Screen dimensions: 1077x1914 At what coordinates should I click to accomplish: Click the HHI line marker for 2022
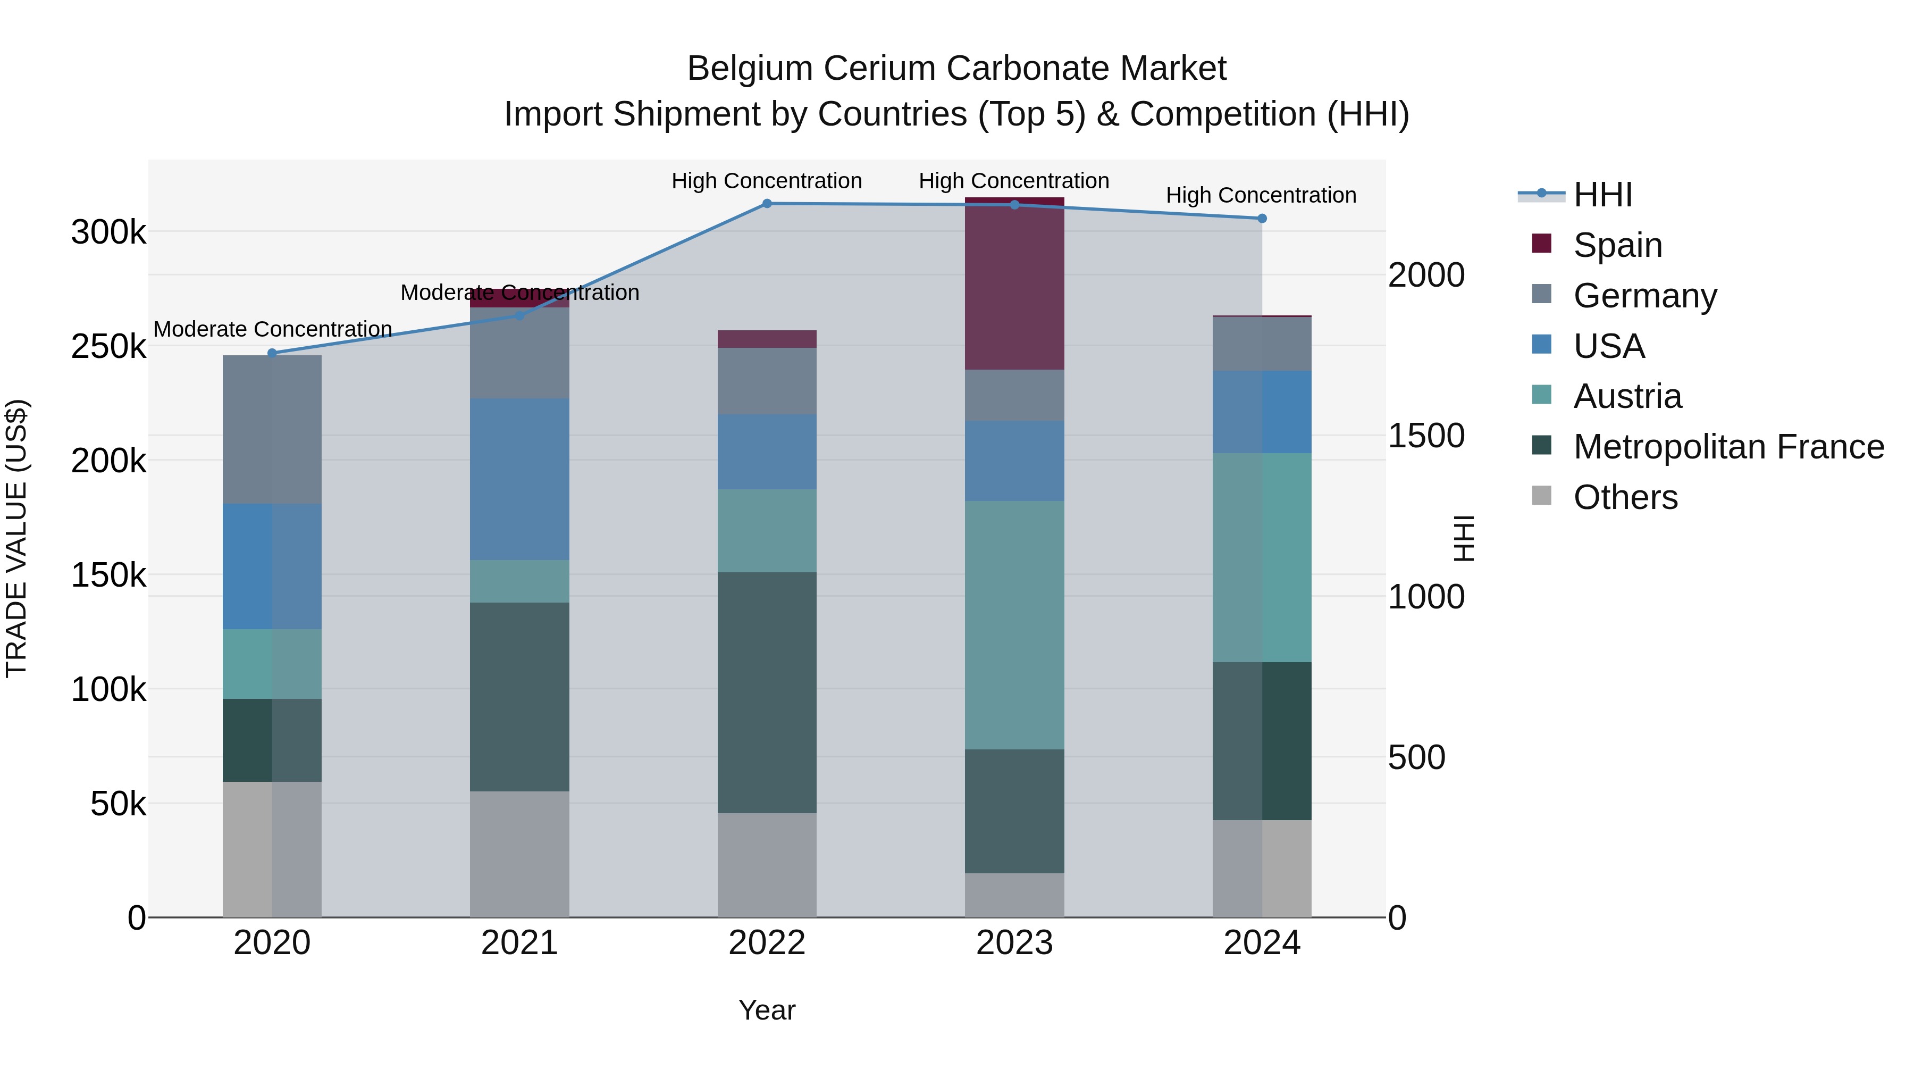767,204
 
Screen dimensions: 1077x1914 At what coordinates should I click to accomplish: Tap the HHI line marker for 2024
1262,219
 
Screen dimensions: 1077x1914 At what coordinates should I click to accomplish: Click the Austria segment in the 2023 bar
1014,624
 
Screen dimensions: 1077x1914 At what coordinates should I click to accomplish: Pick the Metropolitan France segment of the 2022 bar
767,692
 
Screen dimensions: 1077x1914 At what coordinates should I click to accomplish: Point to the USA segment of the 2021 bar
519,479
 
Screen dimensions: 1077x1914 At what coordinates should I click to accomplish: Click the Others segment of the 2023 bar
1014,895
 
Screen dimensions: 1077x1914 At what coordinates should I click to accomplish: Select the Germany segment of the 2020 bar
272,430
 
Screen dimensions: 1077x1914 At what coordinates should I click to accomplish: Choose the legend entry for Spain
1617,245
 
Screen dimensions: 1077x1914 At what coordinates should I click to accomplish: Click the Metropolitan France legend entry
1728,447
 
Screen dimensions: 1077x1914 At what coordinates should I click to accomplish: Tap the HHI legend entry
1602,195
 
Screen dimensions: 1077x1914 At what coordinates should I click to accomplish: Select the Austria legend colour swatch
1542,395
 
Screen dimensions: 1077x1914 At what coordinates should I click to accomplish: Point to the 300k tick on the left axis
108,232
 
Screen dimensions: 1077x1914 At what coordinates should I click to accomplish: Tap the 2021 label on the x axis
519,943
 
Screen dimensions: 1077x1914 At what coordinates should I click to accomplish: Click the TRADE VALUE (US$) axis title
16,538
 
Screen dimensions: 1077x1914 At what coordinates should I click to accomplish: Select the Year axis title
767,1010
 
